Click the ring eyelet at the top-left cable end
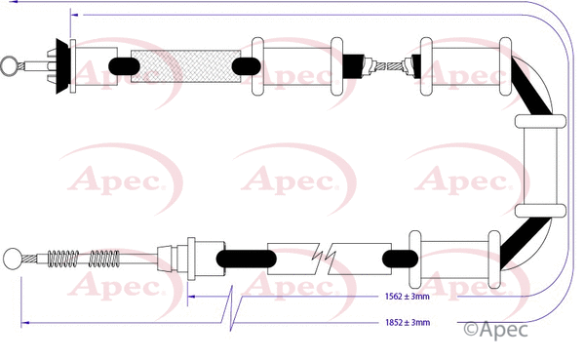tap(9, 66)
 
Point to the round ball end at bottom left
tap(13, 259)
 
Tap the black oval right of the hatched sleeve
tap(245, 66)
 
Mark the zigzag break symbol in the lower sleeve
tap(326, 258)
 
